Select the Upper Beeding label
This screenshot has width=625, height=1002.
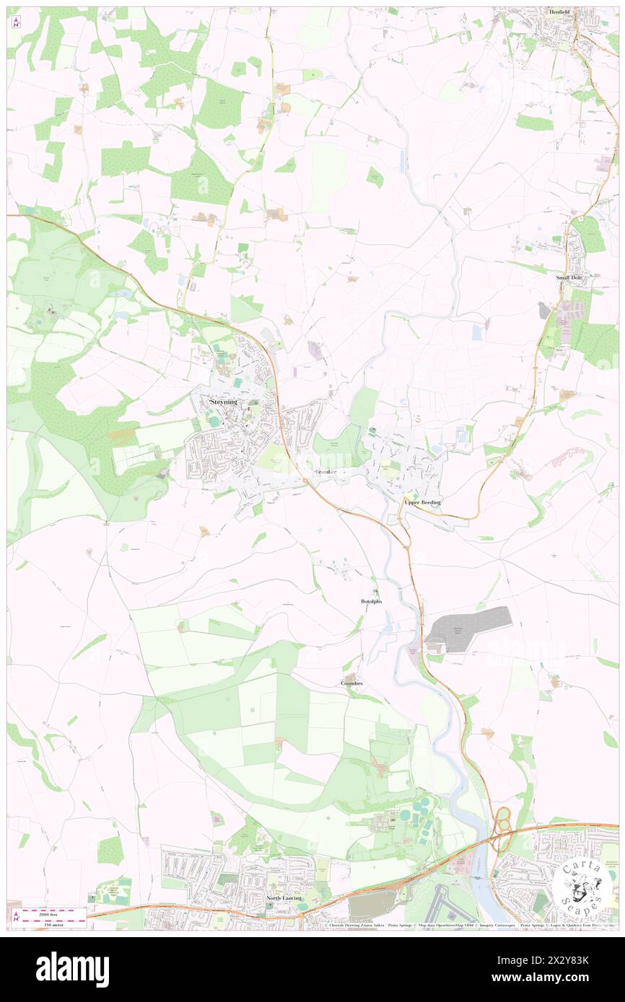[x=422, y=502]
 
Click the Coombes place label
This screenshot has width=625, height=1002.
[x=351, y=683]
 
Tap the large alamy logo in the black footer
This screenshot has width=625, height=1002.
[x=72, y=969]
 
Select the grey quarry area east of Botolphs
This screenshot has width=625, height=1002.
[x=469, y=628]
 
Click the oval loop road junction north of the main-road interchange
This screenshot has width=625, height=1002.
[x=503, y=817]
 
